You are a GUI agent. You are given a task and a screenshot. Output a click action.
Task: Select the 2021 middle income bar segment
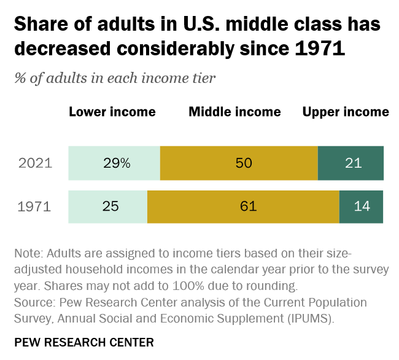click(x=239, y=163)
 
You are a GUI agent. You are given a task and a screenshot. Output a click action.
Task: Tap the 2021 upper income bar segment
click(x=351, y=163)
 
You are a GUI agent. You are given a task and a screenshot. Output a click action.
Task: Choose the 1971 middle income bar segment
click(x=243, y=206)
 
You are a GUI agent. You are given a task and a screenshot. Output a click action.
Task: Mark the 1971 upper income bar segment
click(x=361, y=206)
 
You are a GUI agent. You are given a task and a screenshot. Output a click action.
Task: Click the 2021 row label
click(x=35, y=163)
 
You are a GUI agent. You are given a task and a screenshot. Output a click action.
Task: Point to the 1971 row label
click(x=35, y=206)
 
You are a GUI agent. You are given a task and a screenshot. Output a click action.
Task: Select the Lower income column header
click(x=112, y=112)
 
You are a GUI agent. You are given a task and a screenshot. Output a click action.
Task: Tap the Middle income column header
click(x=234, y=112)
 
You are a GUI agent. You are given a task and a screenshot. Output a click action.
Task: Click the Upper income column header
click(x=346, y=112)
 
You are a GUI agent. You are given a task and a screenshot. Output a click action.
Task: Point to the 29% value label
click(x=117, y=163)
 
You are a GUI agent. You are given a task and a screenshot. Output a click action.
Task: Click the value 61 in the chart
click(x=248, y=206)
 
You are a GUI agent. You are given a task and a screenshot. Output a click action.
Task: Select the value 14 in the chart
click(x=362, y=206)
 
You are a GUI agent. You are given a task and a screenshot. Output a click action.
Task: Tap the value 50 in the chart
click(x=244, y=163)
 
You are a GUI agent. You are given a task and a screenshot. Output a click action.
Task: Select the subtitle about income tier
click(x=114, y=78)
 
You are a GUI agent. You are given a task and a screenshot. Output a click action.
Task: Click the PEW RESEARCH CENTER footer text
click(x=83, y=342)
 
